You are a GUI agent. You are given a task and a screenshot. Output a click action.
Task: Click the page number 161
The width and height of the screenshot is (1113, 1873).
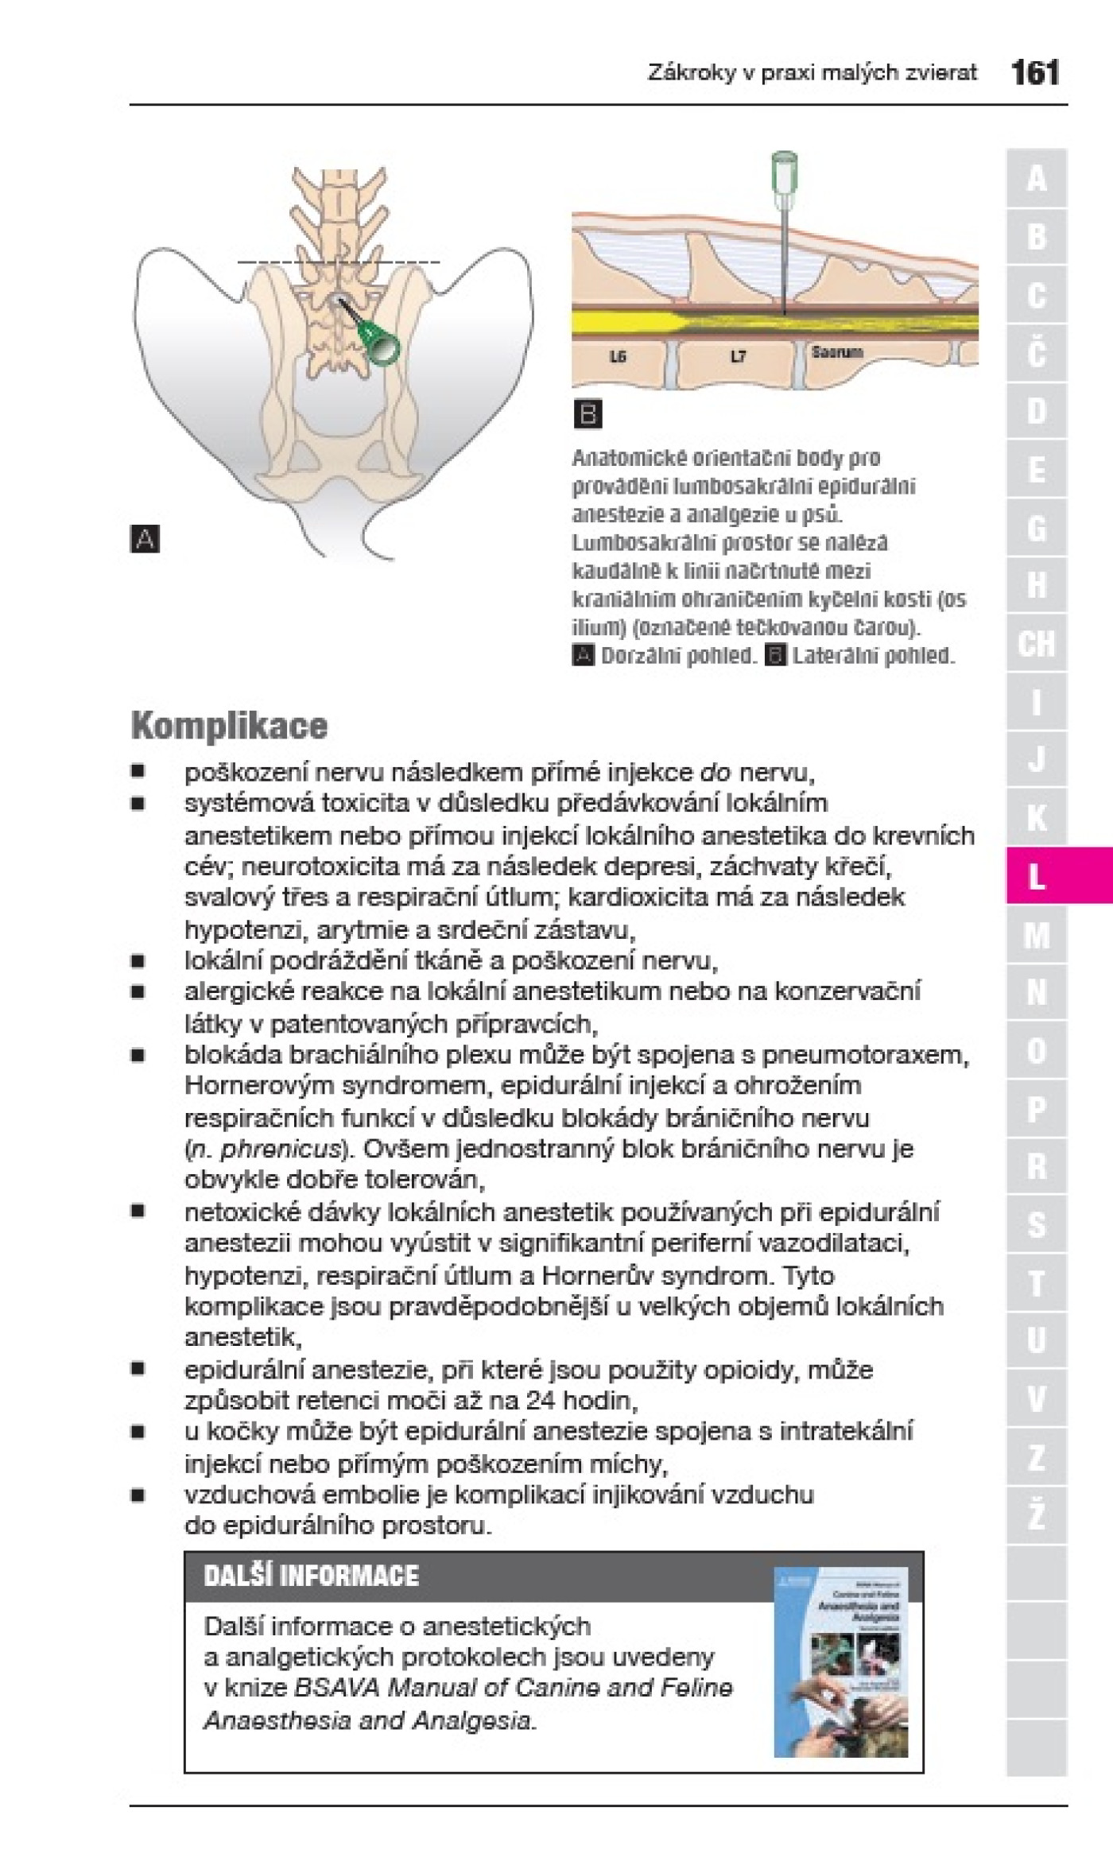pyautogui.click(x=1034, y=73)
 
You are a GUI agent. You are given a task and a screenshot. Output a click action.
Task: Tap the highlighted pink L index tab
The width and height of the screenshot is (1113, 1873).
pyautogui.click(x=1037, y=876)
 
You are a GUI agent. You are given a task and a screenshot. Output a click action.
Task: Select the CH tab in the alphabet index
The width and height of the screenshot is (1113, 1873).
pyautogui.click(x=1036, y=643)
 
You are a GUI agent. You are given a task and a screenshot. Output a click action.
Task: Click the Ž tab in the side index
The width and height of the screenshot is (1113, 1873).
pyautogui.click(x=1036, y=1515)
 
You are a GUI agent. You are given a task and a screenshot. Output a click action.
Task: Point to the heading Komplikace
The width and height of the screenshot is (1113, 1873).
pyautogui.click(x=229, y=725)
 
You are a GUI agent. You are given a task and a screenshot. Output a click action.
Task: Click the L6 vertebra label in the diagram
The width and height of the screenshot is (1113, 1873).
pyautogui.click(x=618, y=357)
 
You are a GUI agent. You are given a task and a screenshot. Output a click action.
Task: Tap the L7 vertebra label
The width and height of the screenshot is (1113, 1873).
pyautogui.click(x=739, y=357)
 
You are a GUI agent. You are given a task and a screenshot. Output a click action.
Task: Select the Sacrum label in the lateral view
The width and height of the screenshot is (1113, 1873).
pyautogui.click(x=836, y=351)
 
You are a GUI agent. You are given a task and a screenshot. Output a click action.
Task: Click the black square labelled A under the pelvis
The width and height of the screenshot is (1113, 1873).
pyautogui.click(x=145, y=539)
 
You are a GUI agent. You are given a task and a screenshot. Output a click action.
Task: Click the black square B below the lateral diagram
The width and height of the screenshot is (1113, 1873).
pyautogui.click(x=588, y=414)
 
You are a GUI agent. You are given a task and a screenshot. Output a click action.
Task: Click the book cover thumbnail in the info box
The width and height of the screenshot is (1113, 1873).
pyautogui.click(x=840, y=1662)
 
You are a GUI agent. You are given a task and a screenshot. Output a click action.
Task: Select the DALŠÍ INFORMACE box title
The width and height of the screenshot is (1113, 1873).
pyautogui.click(x=311, y=1576)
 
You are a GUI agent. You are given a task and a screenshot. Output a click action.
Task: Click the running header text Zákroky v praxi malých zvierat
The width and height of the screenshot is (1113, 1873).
pyautogui.click(x=812, y=73)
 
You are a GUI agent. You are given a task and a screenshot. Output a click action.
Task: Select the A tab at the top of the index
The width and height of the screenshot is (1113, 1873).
pyautogui.click(x=1036, y=178)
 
